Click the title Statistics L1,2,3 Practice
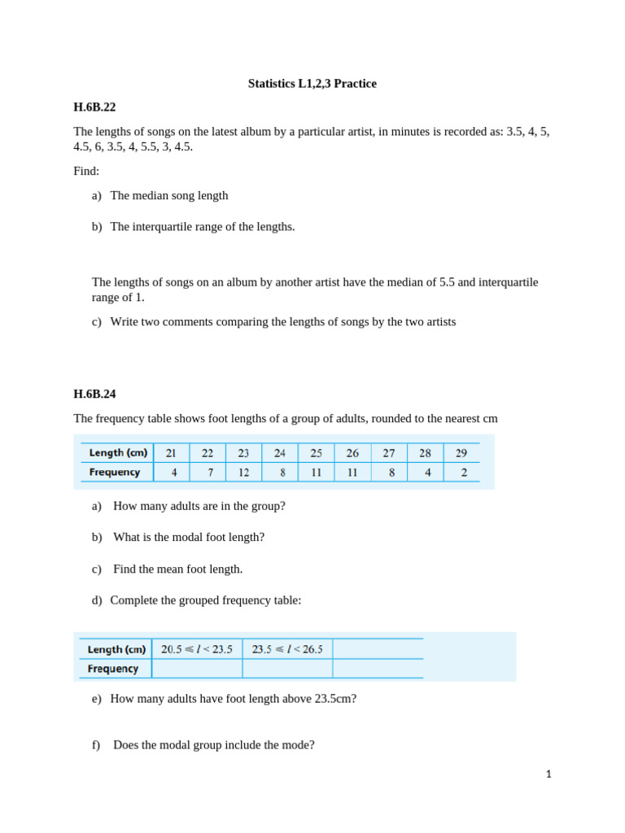pyautogui.click(x=312, y=84)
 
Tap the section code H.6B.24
pyautogui.click(x=94, y=394)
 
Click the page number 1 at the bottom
pyautogui.click(x=549, y=774)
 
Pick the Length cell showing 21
pyautogui.click(x=171, y=453)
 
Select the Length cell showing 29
pyautogui.click(x=461, y=453)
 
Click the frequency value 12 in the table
pyautogui.click(x=243, y=472)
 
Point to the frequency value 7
pyautogui.click(x=209, y=472)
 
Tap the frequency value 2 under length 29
pyautogui.click(x=463, y=472)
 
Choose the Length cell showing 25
pyautogui.click(x=316, y=453)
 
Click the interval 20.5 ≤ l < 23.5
pyautogui.click(x=197, y=649)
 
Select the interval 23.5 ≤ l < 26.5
pyautogui.click(x=287, y=649)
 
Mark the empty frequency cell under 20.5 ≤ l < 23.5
pyautogui.click(x=197, y=669)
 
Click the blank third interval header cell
pyautogui.click(x=378, y=649)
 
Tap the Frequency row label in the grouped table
pyautogui.click(x=113, y=669)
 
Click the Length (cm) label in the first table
pyautogui.click(x=118, y=453)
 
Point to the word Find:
pyautogui.click(x=86, y=171)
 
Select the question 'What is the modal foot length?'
pyautogui.click(x=189, y=537)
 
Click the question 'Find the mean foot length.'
pyautogui.click(x=177, y=569)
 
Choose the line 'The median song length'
pyautogui.click(x=169, y=195)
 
